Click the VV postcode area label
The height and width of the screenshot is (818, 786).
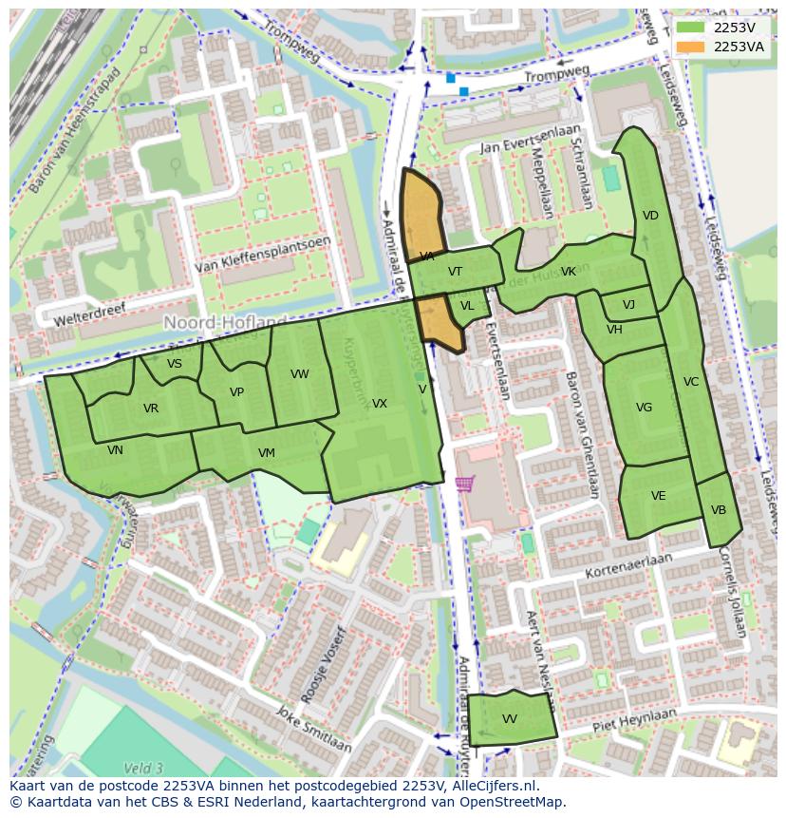point(510,719)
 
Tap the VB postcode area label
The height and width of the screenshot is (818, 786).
point(719,510)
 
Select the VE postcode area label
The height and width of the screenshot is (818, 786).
point(658,496)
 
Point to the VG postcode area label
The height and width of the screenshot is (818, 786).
point(644,408)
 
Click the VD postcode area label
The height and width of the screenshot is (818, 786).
point(650,216)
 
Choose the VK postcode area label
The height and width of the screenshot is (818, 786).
point(568,272)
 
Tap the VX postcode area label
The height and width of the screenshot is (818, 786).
point(379,404)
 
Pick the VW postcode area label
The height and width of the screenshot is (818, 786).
point(300,374)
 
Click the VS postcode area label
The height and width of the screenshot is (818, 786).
point(175,364)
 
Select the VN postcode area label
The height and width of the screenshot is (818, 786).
point(115,450)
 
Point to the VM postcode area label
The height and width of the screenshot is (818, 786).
point(266,453)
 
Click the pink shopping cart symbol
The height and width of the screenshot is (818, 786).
point(464,484)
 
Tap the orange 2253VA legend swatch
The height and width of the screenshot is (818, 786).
point(691,47)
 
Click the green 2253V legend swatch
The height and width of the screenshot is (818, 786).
point(691,29)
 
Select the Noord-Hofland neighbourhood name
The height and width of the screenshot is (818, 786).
point(225,323)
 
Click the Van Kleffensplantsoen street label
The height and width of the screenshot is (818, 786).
point(263,256)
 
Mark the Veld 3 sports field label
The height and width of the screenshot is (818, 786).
point(143,768)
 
